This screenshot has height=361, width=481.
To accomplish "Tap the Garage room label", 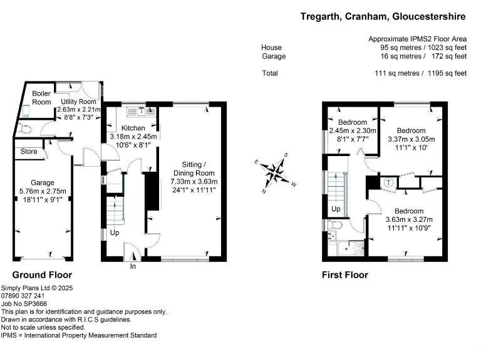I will pyautogui.click(x=43, y=182).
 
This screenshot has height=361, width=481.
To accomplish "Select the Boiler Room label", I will pyautogui.click(x=41, y=98).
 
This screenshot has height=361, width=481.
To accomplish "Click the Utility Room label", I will pyautogui.click(x=78, y=102).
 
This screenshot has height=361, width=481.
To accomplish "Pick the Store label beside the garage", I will pyautogui.click(x=29, y=152).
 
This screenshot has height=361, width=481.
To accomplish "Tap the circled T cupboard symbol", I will pyautogui.click(x=388, y=183).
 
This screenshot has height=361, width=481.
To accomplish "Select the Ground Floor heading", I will pyautogui.click(x=43, y=275).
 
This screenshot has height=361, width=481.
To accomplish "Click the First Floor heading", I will pyautogui.click(x=344, y=275).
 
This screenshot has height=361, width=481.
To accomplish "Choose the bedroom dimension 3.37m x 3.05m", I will pyautogui.click(x=411, y=139).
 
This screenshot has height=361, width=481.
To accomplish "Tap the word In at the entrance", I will pyautogui.click(x=133, y=266).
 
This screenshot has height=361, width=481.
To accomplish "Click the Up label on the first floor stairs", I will pyautogui.click(x=336, y=209).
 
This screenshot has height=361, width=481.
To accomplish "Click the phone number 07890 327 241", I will pyautogui.click(x=23, y=295).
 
